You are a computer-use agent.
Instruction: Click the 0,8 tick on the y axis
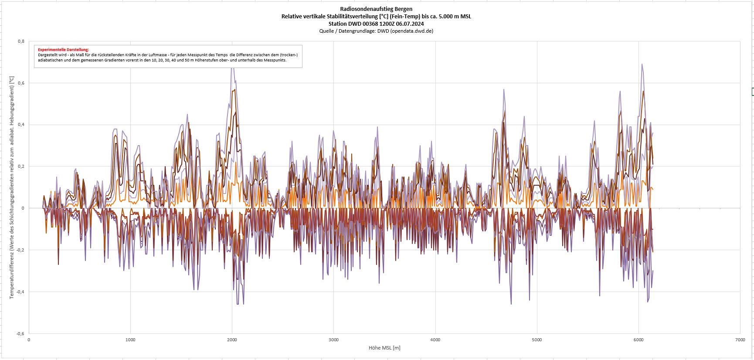point(21,41)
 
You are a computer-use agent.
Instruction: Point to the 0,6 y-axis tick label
point(21,83)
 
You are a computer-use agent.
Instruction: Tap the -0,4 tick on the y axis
point(20,292)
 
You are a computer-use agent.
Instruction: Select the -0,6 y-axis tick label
point(20,334)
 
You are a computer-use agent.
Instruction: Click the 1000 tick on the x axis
point(130,340)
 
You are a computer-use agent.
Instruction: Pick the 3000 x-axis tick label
point(333,340)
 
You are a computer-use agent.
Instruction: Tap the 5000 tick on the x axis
point(537,340)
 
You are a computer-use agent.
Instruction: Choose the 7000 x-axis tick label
point(740,340)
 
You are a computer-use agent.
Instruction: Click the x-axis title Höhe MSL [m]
point(384,348)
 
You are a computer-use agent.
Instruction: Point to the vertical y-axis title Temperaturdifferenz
point(12,187)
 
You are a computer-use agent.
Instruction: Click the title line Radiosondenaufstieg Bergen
point(376,9)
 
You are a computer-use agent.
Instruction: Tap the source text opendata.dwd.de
point(411,31)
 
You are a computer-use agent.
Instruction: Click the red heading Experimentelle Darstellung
point(63,50)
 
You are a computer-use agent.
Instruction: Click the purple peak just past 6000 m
point(642,65)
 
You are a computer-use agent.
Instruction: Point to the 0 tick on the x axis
point(29,340)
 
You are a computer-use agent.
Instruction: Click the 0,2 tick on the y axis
point(21,166)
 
